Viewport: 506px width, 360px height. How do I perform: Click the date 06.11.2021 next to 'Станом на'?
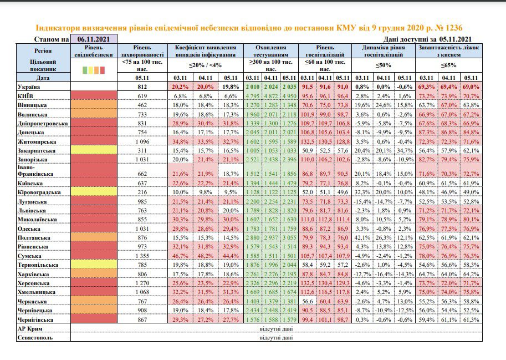tap(94, 39)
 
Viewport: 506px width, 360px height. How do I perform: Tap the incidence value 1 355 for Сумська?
tap(142, 256)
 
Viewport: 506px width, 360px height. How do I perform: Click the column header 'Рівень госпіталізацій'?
tap(325, 51)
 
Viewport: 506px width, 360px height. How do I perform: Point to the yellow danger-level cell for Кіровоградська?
tap(94, 192)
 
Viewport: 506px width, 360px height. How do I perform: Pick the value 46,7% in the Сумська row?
tap(180, 256)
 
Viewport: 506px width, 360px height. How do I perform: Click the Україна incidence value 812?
tap(142, 87)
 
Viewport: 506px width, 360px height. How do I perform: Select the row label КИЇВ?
tap(25, 96)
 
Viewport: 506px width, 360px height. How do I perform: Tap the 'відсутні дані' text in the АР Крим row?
tap(276, 329)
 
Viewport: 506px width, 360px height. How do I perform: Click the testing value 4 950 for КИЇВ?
tap(289, 96)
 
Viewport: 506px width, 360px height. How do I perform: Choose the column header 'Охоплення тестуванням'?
tap(271, 51)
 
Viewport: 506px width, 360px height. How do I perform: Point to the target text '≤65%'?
tap(448, 65)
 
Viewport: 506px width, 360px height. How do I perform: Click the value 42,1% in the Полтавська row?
tap(362, 238)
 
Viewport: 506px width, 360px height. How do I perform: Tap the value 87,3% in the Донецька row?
tap(426, 133)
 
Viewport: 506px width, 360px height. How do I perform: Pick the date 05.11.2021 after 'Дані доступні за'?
tap(454, 39)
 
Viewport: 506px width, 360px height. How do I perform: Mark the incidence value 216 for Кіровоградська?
tap(142, 192)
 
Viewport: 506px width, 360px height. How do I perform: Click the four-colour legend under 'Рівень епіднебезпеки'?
tap(94, 70)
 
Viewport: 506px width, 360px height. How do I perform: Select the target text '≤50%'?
tap(384, 65)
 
